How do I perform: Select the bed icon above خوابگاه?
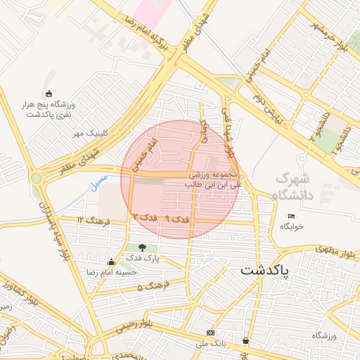[x=291, y=216]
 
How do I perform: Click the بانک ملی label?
[x=212, y=343]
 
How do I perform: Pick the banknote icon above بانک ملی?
[x=210, y=332]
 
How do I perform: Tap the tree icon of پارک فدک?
[x=143, y=247]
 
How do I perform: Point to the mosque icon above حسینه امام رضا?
[x=110, y=262]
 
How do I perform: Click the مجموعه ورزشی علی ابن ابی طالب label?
[x=214, y=179]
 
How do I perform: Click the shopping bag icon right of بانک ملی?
[x=245, y=340]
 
